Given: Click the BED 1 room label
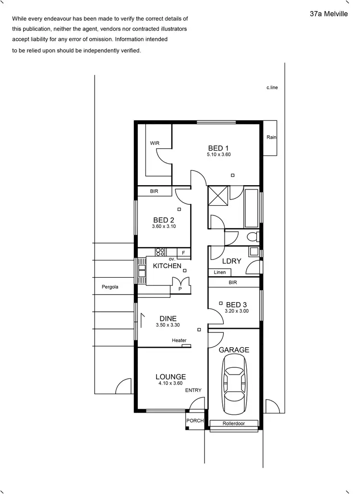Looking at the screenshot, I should (218, 148).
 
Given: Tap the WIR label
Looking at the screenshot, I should (155, 143).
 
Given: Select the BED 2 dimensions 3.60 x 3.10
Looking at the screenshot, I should (164, 226).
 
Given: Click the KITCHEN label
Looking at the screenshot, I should (167, 266).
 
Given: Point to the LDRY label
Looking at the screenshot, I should (231, 261).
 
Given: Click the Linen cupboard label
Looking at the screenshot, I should (219, 272).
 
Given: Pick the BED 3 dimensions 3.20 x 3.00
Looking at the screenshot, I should (237, 311).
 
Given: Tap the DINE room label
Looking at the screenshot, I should (168, 318).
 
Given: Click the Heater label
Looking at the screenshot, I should (179, 341).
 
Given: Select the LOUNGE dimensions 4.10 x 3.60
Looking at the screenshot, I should (170, 383).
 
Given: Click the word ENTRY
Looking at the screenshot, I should (193, 390).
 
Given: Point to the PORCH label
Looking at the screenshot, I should (195, 421).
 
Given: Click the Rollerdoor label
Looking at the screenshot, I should (234, 423).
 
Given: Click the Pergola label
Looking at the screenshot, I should (110, 287).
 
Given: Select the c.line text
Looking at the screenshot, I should (272, 88).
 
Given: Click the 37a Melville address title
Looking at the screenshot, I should (329, 14).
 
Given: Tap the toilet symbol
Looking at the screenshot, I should (252, 236).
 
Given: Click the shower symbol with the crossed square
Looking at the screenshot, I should (218, 197).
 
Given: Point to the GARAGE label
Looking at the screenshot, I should (234, 350).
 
